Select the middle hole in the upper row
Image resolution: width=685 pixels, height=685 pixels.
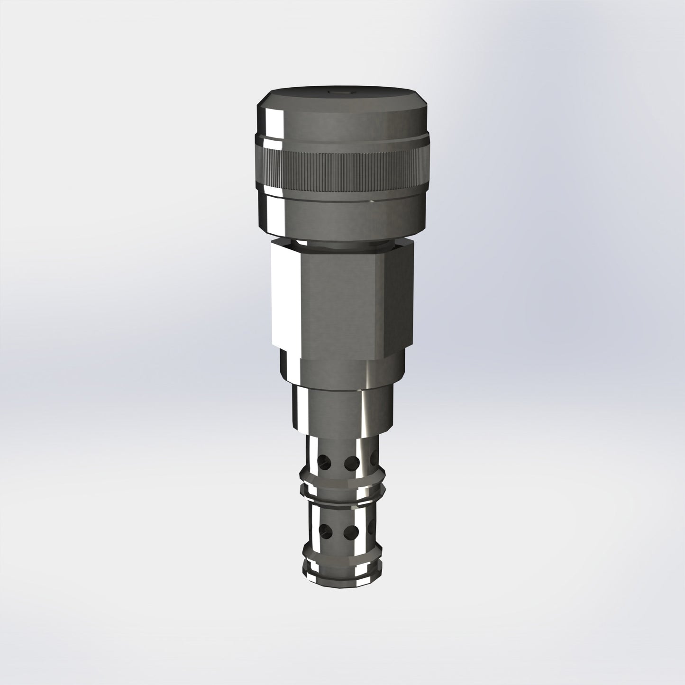point(352,461)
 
